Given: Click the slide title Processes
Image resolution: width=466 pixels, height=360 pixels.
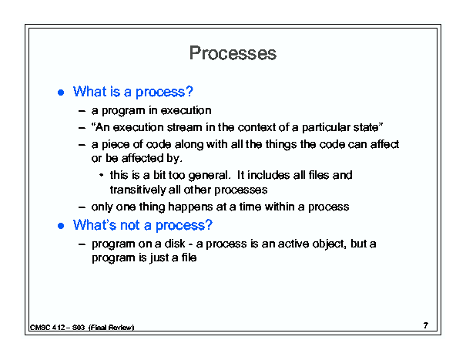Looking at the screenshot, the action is [x=233, y=53].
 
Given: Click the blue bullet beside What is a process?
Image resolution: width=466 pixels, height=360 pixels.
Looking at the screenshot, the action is [x=61, y=93].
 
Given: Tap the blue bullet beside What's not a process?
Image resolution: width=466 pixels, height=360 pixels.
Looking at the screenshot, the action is [x=61, y=226].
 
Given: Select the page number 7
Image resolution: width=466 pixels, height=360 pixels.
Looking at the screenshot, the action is [x=426, y=325].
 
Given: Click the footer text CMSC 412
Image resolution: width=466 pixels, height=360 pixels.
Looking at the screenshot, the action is [x=47, y=328].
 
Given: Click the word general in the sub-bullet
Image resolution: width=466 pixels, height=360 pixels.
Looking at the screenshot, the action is [x=209, y=176].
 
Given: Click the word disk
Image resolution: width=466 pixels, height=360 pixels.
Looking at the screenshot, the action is [x=175, y=244].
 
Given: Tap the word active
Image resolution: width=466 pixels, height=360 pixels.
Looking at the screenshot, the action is [x=292, y=244].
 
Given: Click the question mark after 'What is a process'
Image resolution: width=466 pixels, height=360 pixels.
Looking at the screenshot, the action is [x=189, y=91].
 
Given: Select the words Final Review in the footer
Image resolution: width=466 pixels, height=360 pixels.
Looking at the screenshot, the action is [x=112, y=328].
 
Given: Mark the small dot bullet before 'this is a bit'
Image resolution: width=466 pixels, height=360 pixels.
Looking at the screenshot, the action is [x=102, y=175].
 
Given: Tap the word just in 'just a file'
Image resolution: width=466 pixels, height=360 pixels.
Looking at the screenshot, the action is [x=159, y=258].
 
